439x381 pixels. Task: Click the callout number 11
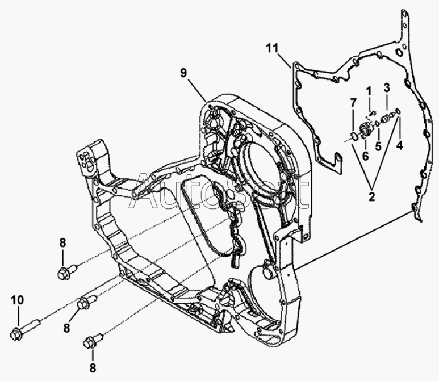coord(272,48)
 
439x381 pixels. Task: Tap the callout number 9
coord(183,73)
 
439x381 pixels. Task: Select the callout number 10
coord(18,300)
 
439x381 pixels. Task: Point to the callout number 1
coord(369,91)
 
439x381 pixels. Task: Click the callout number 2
coord(371,196)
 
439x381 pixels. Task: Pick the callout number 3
coord(387,87)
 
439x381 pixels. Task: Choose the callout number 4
coord(399,145)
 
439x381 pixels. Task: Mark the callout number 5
coord(378,146)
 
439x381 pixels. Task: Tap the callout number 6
coord(365,156)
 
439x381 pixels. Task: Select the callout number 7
coord(353,103)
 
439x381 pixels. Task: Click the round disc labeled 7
coord(354,136)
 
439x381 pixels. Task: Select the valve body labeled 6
coord(365,129)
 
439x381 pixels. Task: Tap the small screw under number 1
coord(372,114)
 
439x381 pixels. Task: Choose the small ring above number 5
coord(378,123)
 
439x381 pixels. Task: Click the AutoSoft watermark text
coord(219,191)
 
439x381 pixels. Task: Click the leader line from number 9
coord(198,90)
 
